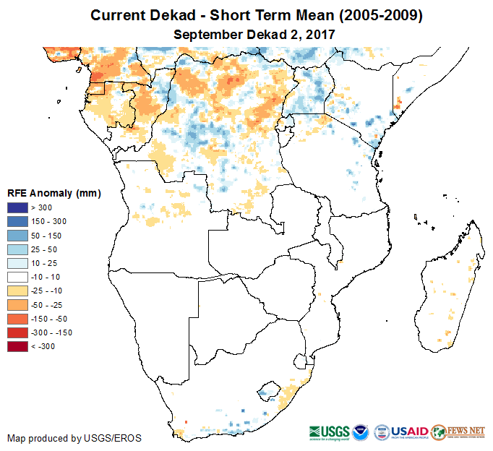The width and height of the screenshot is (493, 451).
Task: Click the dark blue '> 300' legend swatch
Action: tap(17, 208)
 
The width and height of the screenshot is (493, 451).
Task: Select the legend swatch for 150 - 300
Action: tap(17, 222)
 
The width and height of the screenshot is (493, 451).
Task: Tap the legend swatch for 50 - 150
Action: tap(17, 236)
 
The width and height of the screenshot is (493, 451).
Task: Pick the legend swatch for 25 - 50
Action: tap(17, 249)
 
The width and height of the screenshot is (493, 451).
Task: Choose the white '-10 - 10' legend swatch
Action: tap(17, 277)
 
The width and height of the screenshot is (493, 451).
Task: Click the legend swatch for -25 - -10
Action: tap(17, 291)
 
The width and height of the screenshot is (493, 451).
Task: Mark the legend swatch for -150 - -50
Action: tap(17, 319)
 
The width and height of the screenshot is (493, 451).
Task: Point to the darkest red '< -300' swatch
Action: tap(17, 346)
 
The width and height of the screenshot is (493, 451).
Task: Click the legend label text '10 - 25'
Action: tap(43, 263)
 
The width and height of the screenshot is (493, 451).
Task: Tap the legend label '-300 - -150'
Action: tap(51, 332)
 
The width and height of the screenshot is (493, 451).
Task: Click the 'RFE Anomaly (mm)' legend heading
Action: tap(53, 193)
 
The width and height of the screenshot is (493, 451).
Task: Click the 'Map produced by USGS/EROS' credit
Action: tap(74, 438)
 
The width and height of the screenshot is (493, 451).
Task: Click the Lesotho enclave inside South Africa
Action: tap(269, 390)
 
